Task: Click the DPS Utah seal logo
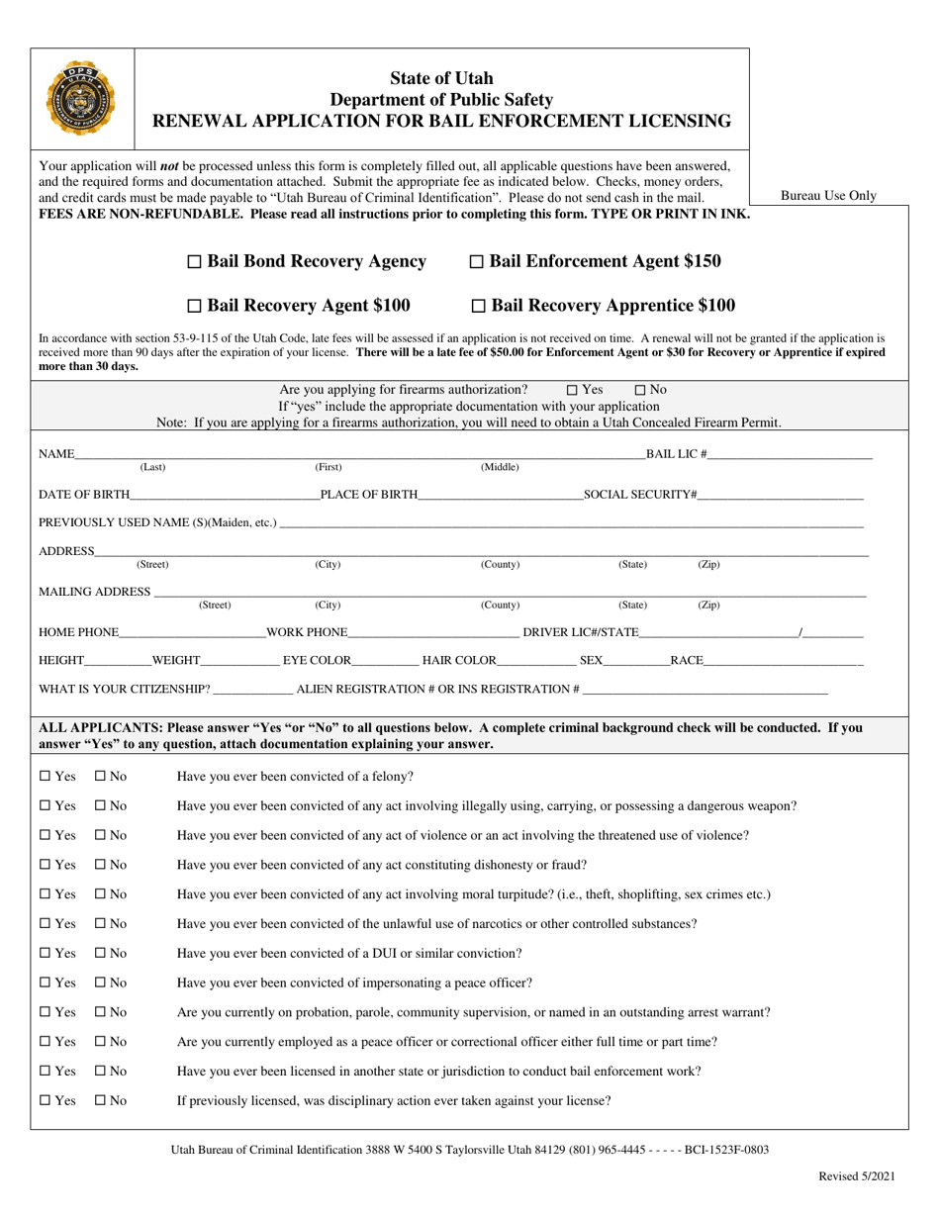click(79, 99)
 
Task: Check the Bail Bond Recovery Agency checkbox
click(195, 262)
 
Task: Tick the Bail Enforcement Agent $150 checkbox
click(476, 262)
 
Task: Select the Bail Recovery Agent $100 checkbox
click(195, 307)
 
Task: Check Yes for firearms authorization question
click(572, 390)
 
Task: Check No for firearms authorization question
click(639, 390)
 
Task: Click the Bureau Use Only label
click(828, 196)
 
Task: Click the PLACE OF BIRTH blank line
click(501, 494)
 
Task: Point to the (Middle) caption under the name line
click(500, 467)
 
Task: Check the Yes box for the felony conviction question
click(45, 777)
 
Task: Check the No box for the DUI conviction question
click(100, 954)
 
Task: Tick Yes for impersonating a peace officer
click(45, 983)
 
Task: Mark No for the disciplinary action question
click(100, 1100)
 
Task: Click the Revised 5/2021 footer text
click(856, 1176)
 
